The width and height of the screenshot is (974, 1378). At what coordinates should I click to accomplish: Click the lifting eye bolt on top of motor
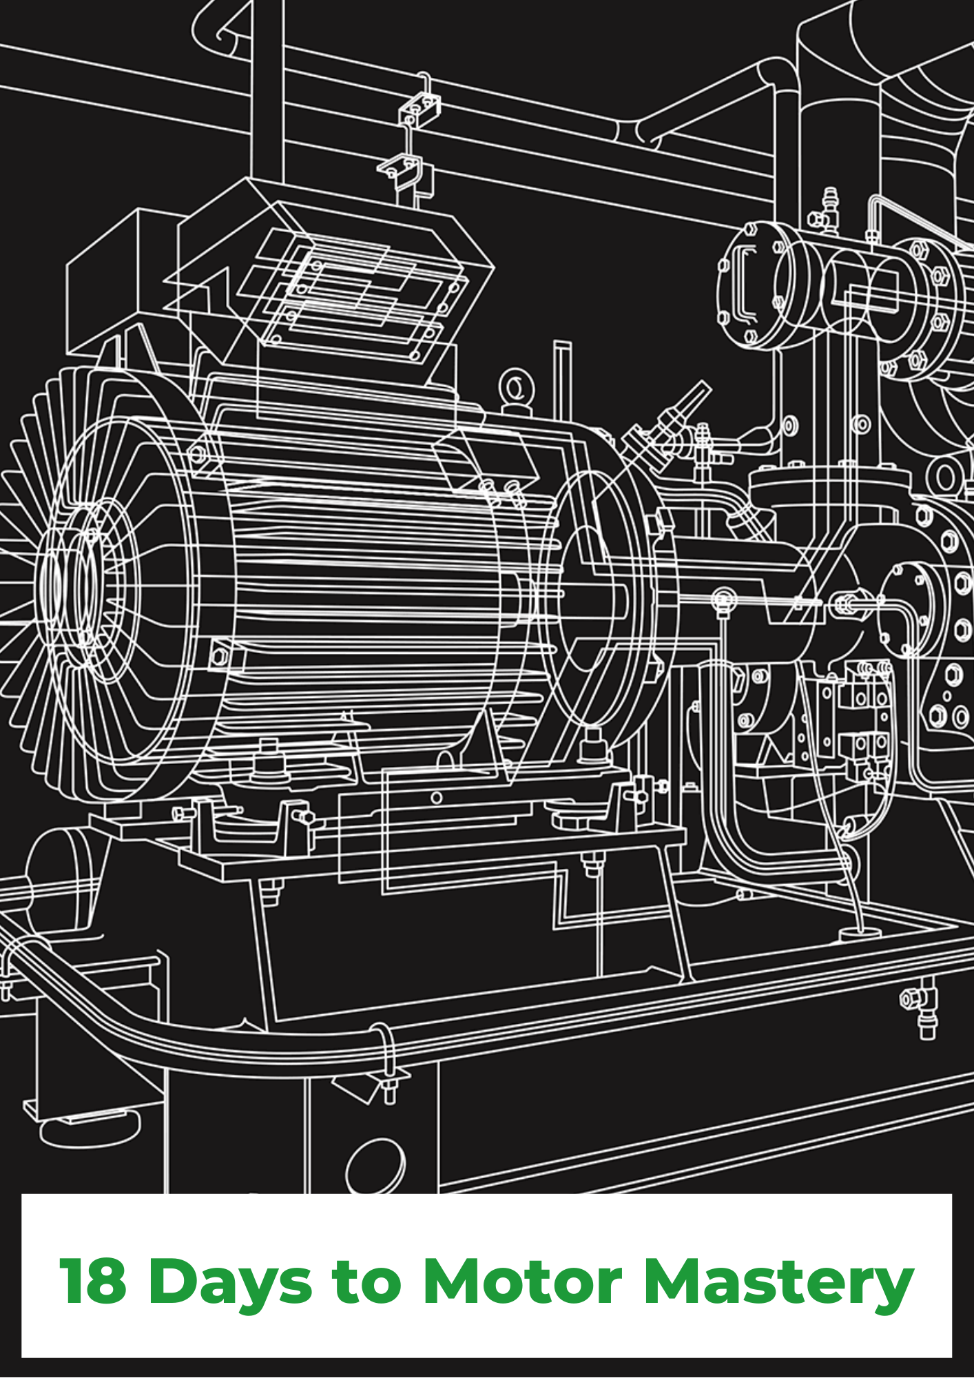[515, 389]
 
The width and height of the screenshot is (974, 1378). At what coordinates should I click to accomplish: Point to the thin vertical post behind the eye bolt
[562, 379]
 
